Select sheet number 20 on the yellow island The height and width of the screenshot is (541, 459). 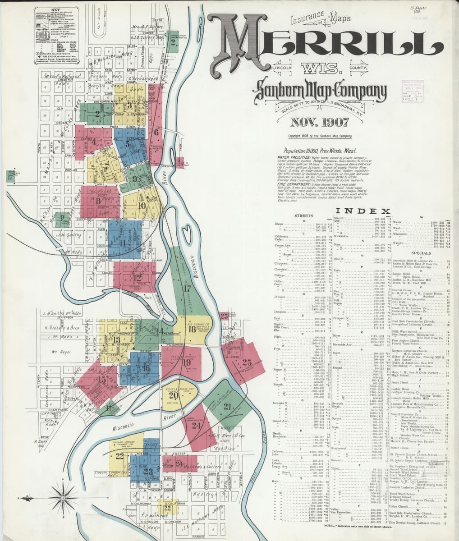[x=173, y=396]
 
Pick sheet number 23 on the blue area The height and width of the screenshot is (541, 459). [x=148, y=472]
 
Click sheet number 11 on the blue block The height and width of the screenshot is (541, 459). [x=123, y=243]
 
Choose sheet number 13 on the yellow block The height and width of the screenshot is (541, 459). [x=116, y=339]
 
